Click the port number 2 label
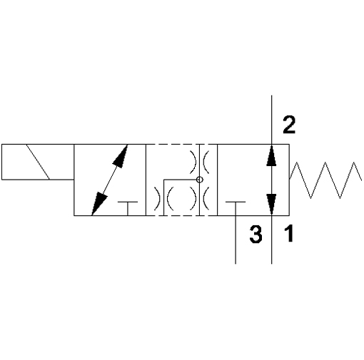[289, 125]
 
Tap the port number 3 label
[256, 235]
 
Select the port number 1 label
[289, 234]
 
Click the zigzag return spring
[325, 180]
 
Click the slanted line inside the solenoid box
[38, 162]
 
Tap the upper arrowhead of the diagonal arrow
[121, 156]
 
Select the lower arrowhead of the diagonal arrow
[99, 204]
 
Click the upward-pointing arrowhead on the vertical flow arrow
[271, 155]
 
